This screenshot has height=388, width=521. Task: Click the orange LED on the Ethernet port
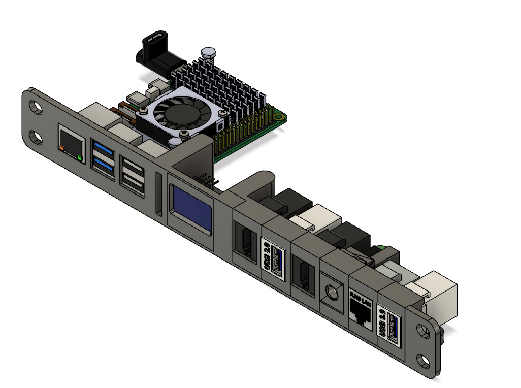pyautogui.click(x=62, y=148)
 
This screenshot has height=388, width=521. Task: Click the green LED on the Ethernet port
pyautogui.click(x=80, y=158)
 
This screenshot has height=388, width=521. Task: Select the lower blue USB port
pyautogui.click(x=103, y=166)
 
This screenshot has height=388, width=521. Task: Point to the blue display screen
pyautogui.click(x=192, y=207)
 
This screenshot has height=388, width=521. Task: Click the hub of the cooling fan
pyautogui.click(x=176, y=113)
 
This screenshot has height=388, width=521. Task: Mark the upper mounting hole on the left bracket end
pyautogui.click(x=36, y=108)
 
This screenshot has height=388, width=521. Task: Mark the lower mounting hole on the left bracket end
pyautogui.click(x=36, y=137)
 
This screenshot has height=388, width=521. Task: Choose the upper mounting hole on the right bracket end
pyautogui.click(x=422, y=331)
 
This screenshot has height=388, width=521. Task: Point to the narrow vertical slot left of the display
pyautogui.click(x=159, y=193)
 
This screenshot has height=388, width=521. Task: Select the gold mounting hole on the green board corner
pyautogui.click(x=279, y=117)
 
